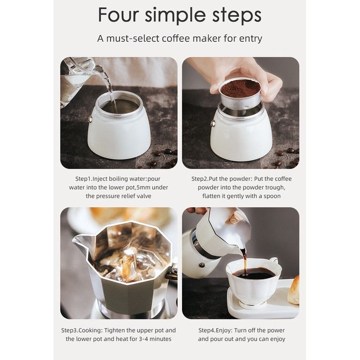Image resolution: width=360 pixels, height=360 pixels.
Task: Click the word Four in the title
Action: (x=119, y=15)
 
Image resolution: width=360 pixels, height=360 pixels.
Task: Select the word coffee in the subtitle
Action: (x=176, y=38)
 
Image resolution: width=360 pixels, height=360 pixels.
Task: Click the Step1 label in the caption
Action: (x=84, y=179)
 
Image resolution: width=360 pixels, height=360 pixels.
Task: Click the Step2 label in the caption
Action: (x=200, y=179)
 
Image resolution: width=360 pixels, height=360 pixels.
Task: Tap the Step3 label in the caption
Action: (x=69, y=330)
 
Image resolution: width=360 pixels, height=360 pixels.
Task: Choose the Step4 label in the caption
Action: (x=207, y=330)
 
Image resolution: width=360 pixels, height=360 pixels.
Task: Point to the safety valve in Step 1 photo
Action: (x=90, y=119)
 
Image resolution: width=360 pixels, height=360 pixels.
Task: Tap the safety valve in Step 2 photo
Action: (x=213, y=123)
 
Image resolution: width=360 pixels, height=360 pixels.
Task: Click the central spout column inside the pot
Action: (x=129, y=264)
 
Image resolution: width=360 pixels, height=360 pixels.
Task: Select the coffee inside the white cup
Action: (x=253, y=274)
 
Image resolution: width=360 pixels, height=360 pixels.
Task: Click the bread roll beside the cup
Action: (x=294, y=291)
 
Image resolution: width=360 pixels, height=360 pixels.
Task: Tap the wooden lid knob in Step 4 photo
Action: (x=235, y=217)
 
